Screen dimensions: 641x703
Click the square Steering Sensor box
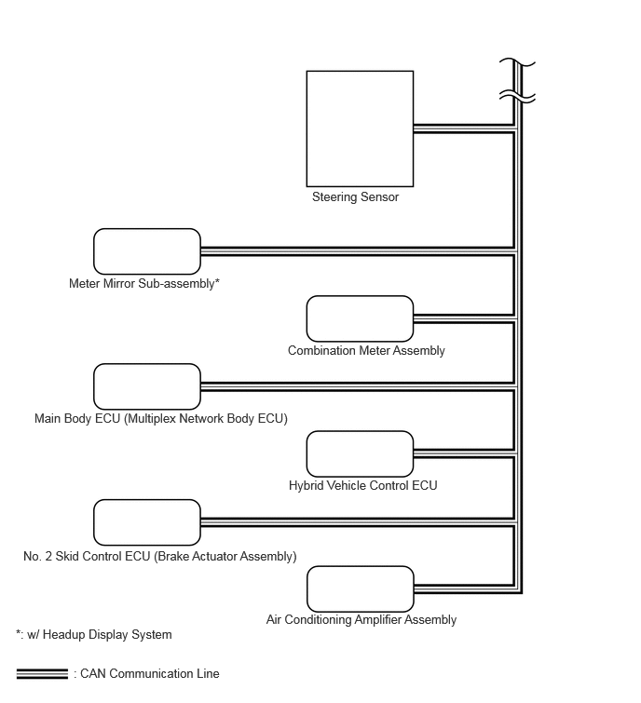(x=360, y=128)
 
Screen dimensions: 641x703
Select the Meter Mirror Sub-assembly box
(x=147, y=251)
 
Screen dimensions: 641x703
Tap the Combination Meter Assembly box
(x=360, y=318)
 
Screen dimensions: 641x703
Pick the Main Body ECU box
(x=147, y=386)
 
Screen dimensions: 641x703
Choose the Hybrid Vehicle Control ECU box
(x=360, y=453)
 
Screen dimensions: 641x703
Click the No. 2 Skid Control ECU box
(x=147, y=522)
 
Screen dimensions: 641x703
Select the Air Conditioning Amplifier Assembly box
(x=361, y=589)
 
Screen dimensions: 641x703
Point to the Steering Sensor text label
(x=355, y=197)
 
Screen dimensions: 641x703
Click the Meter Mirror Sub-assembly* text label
(x=144, y=283)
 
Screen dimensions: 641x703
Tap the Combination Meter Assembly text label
(x=366, y=351)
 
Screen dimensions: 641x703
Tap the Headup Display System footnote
(x=94, y=635)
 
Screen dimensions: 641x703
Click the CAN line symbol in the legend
(x=42, y=673)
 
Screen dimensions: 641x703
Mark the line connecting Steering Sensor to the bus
(x=464, y=128)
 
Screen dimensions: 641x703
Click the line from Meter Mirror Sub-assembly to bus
(x=358, y=251)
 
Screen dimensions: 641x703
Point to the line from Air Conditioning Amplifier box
(x=465, y=589)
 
